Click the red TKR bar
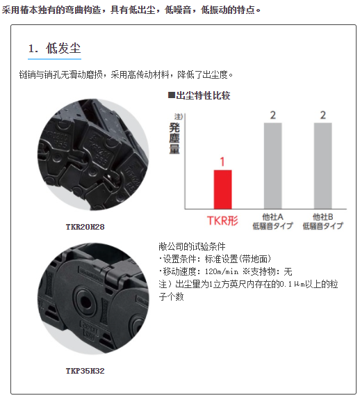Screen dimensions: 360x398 tap(222, 189)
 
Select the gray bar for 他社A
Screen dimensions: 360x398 tap(273, 166)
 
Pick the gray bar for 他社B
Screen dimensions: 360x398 tap(322, 166)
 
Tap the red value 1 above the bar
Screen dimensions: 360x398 tap(222, 161)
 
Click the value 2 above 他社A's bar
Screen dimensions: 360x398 tap(273, 116)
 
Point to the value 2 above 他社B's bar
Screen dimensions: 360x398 tap(322, 116)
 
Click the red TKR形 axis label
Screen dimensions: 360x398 tap(222, 221)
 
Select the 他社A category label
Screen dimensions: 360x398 tap(273, 221)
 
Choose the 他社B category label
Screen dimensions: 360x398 tap(322, 221)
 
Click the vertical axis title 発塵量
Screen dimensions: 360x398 tap(174, 138)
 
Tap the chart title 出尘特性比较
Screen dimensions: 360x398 tap(203, 95)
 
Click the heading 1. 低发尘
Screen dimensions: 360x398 tap(54, 48)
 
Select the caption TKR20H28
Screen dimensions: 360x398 tap(85, 227)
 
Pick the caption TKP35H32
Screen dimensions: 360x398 tap(85, 371)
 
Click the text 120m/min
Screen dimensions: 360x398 tap(222, 271)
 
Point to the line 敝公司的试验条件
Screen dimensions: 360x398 tap(192, 246)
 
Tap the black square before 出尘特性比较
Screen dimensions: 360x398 tap(172, 95)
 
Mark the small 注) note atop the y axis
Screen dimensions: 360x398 tap(179, 116)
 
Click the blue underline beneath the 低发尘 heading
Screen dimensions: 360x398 tap(54, 59)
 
